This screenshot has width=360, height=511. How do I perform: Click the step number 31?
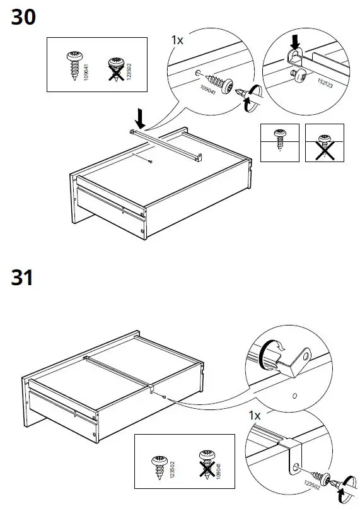coord(22,277)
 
